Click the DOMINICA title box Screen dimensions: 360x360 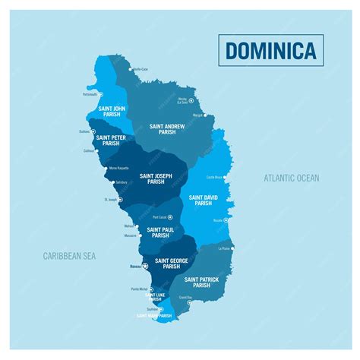click(x=271, y=50)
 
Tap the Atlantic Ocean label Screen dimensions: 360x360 click(x=292, y=178)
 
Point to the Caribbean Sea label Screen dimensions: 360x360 click(x=69, y=256)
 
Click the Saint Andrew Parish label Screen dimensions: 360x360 click(x=168, y=129)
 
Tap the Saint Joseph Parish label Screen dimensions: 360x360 click(x=156, y=178)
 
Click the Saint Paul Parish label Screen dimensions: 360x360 click(x=160, y=232)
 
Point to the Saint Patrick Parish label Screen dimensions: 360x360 click(x=201, y=283)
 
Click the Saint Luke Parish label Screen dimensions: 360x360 click(x=155, y=297)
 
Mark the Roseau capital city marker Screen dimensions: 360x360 click(x=145, y=265)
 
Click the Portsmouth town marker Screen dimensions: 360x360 click(x=101, y=95)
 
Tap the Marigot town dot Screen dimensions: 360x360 click(x=206, y=115)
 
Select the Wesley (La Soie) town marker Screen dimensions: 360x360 click(x=191, y=100)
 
